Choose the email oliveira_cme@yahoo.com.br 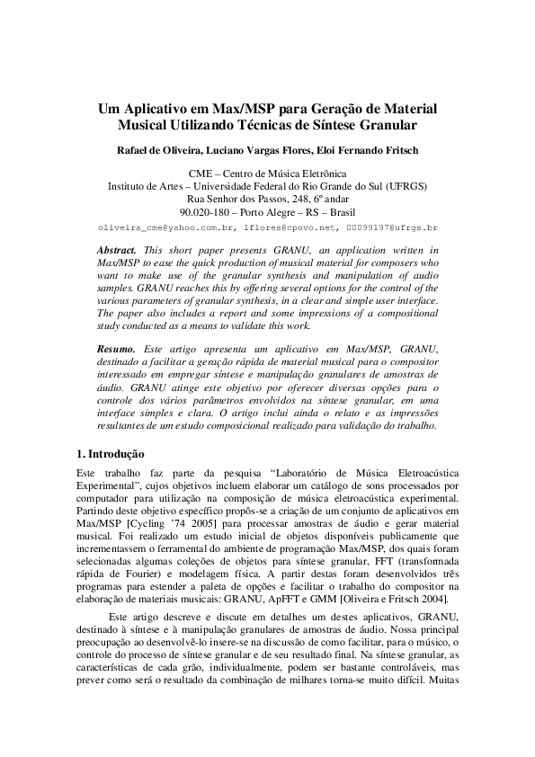pos(158,228)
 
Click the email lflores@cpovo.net pos(281,228)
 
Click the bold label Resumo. pos(116,348)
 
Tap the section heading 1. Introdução pos(107,453)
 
